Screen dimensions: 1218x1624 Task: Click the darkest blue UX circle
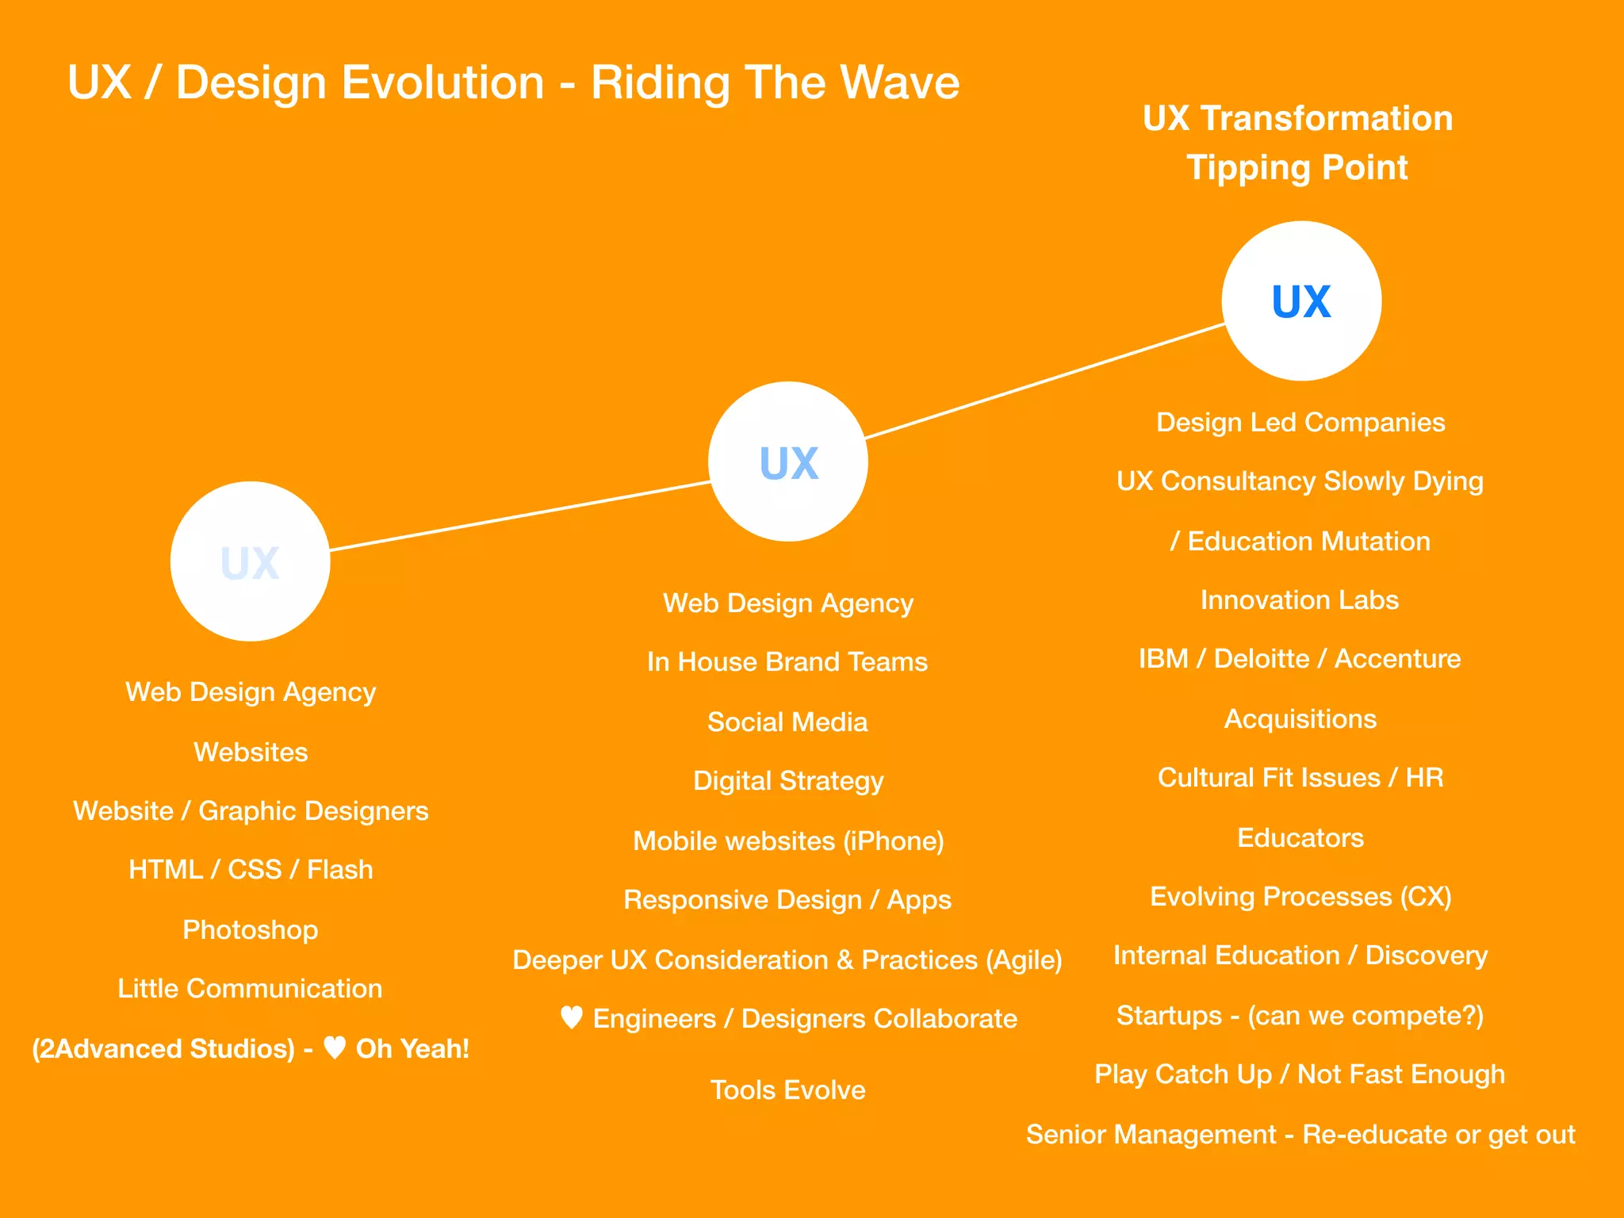click(x=1301, y=301)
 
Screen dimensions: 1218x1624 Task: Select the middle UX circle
click(x=788, y=462)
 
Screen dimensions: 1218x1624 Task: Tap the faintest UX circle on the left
click(x=250, y=561)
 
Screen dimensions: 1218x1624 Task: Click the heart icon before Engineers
click(x=572, y=1017)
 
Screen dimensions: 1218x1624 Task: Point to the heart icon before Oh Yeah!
click(x=335, y=1048)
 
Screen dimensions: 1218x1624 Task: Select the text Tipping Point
click(x=1297, y=168)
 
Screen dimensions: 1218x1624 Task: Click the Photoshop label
click(x=250, y=929)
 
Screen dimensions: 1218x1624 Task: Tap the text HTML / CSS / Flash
click(x=251, y=870)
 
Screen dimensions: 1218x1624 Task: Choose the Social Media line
click(x=787, y=722)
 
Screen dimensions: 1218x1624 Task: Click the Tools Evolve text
click(x=787, y=1090)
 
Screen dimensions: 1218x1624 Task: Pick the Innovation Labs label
click(x=1299, y=600)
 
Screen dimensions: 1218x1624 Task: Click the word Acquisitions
click(x=1300, y=718)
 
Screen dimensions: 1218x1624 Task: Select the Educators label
click(x=1300, y=837)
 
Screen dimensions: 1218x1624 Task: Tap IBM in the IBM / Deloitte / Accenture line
click(x=1162, y=659)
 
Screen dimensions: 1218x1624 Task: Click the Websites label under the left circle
click(x=251, y=752)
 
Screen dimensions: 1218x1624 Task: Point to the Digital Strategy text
click(x=787, y=781)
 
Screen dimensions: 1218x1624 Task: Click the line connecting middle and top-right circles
click(x=1045, y=381)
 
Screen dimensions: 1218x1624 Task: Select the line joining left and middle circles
click(x=519, y=515)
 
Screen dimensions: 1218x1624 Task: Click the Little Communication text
click(x=250, y=989)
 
